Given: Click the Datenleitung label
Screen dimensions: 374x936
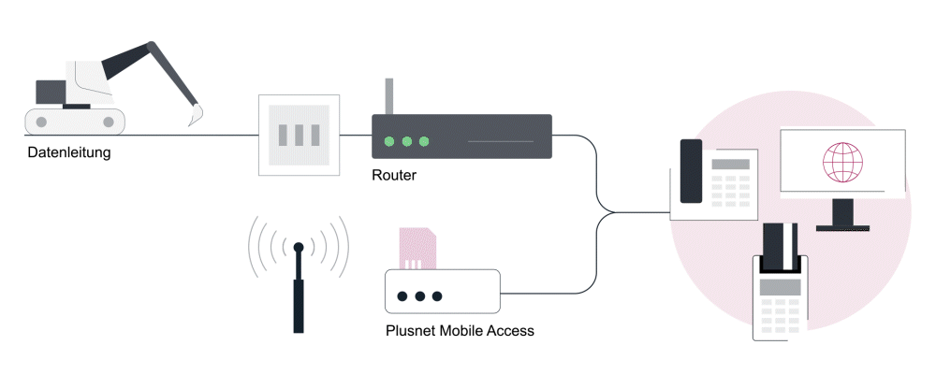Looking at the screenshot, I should [x=68, y=152].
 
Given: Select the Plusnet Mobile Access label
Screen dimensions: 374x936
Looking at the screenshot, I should [x=460, y=330].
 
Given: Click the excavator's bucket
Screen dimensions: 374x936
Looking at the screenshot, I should [x=196, y=116].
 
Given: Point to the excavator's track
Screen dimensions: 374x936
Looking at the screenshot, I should [x=75, y=120].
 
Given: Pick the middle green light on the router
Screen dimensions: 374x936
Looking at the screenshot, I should [x=406, y=142].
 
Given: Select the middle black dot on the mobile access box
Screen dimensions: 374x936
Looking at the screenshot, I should [x=420, y=296].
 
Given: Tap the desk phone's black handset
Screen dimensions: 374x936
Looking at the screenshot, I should [x=691, y=171].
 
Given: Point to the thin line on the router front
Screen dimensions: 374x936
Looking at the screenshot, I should [x=501, y=142].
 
